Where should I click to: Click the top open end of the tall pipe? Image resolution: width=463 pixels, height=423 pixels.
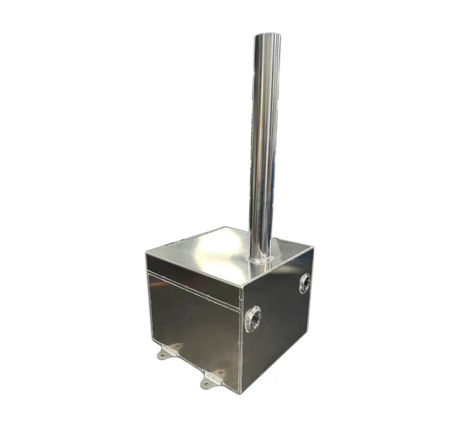(x=267, y=36)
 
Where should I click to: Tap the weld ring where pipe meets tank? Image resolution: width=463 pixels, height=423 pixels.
(x=261, y=259)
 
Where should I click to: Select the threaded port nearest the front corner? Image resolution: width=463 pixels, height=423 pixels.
(x=253, y=319)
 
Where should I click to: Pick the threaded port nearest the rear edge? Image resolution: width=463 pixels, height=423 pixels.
(x=305, y=283)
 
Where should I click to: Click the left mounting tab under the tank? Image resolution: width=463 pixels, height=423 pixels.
(x=167, y=351)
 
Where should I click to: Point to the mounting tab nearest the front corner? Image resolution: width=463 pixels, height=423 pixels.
(x=212, y=378)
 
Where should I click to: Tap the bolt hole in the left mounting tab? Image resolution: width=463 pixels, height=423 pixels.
(x=163, y=354)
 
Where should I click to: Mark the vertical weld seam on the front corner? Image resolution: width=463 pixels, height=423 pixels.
(x=240, y=342)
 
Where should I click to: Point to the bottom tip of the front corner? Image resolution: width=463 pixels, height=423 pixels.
(x=239, y=393)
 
